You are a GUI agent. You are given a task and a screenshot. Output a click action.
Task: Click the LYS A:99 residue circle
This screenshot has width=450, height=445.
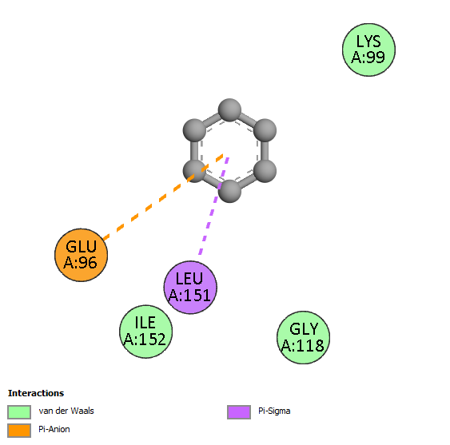[368, 50]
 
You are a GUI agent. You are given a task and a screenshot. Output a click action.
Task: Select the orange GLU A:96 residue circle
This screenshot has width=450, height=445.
[82, 255]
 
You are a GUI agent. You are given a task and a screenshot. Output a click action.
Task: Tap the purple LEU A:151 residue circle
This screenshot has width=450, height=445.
[190, 287]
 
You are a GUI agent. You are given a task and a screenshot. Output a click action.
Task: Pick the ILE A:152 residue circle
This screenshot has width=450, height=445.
[145, 332]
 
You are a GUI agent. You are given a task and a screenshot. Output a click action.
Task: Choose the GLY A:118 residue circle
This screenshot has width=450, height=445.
[304, 337]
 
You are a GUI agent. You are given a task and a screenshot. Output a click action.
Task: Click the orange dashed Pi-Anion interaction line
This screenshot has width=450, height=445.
[163, 197]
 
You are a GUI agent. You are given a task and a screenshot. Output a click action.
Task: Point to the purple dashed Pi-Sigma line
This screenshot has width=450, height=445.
[213, 206]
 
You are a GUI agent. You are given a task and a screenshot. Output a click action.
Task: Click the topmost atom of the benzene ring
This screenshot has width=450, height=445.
[229, 110]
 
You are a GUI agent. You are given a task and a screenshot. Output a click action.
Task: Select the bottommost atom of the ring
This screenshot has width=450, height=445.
[229, 192]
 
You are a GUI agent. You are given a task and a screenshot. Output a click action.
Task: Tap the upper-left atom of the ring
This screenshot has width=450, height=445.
[194, 130]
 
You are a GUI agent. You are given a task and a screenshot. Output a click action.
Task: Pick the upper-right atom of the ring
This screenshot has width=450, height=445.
[265, 130]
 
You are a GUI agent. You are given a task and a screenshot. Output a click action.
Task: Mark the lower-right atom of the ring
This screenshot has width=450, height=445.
[265, 171]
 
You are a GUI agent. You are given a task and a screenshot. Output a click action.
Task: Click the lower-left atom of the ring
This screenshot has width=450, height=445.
[194, 171]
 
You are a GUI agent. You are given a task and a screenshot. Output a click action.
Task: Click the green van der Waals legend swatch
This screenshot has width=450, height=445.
[19, 412]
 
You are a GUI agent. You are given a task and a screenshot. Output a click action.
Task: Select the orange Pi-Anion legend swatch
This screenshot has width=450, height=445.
[19, 431]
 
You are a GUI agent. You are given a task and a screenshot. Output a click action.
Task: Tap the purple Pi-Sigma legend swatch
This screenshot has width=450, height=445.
[239, 412]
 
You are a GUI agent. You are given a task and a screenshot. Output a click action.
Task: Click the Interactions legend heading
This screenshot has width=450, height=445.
[36, 393]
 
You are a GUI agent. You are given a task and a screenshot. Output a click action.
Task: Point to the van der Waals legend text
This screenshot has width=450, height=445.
[66, 411]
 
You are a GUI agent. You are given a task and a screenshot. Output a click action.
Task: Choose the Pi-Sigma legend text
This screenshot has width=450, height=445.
[274, 411]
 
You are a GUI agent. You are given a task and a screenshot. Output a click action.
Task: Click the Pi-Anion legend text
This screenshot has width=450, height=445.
[54, 429]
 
